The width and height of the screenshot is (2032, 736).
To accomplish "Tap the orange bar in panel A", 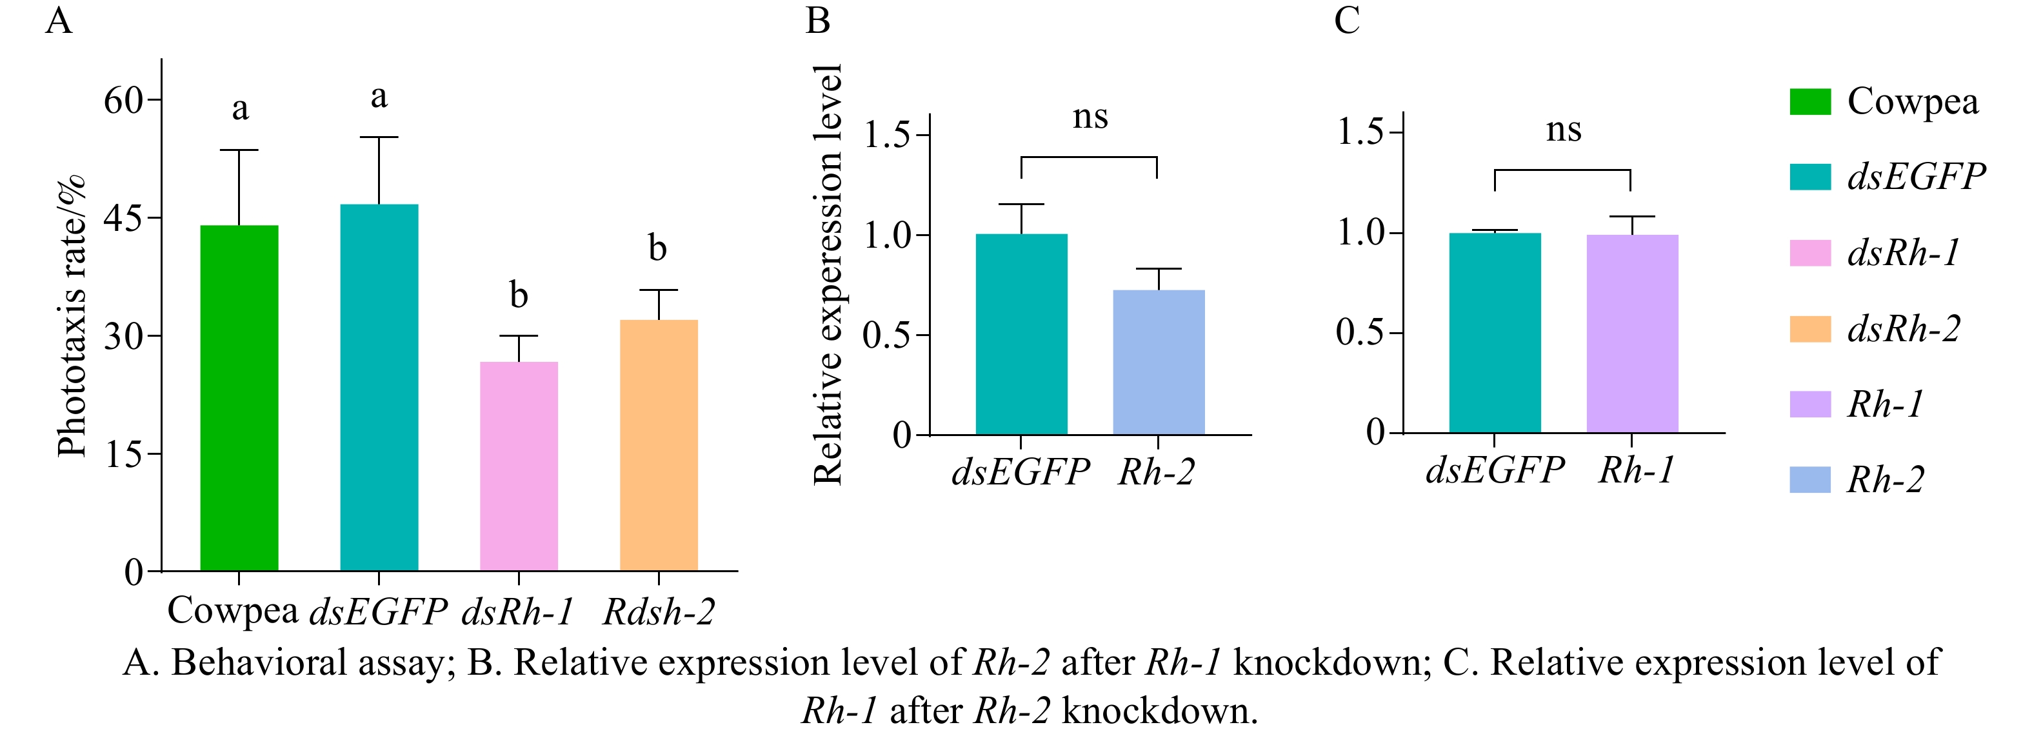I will pos(659,445).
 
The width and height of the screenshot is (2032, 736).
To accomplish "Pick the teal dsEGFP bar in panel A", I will pos(379,386).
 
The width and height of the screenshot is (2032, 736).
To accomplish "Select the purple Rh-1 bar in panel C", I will pos(1632,333).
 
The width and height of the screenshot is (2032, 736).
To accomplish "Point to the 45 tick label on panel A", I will pos(123,219).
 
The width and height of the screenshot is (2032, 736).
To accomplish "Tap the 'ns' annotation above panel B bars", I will pos(1090,117).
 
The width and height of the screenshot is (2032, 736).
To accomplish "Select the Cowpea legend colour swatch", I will pos(1809,102).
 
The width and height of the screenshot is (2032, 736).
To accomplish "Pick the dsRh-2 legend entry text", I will pos(1904,329).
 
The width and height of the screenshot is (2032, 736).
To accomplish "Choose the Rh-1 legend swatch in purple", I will pos(1809,404).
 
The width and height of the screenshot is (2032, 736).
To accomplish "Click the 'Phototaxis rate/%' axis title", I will pos(71,315).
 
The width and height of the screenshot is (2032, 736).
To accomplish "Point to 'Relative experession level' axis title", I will pos(828,275).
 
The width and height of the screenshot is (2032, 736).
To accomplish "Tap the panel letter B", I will pos(817,21).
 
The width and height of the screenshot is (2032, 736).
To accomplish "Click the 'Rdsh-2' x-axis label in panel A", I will pos(659,612).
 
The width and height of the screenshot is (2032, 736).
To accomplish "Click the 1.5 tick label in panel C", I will pos(1360,132).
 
